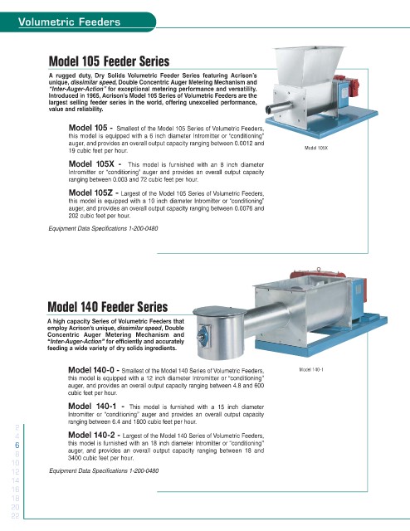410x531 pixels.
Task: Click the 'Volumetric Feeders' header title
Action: click(x=69, y=22)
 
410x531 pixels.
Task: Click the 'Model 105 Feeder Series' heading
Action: click(x=109, y=61)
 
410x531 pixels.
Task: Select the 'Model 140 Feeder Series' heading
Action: click(x=108, y=307)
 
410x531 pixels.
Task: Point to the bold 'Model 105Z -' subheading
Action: click(x=94, y=192)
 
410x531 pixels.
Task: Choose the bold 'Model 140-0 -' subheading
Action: click(x=94, y=370)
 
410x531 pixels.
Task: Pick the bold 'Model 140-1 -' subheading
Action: click(x=96, y=406)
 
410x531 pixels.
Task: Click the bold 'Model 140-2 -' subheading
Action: click(x=94, y=435)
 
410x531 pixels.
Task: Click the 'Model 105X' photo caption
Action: click(x=316, y=148)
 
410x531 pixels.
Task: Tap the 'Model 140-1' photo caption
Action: click(x=311, y=369)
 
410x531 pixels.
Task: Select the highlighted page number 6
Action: click(x=17, y=445)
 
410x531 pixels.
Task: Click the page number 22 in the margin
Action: click(x=15, y=516)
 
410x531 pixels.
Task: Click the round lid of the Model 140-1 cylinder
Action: click(x=219, y=311)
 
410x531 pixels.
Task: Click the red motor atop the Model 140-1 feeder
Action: click(x=317, y=273)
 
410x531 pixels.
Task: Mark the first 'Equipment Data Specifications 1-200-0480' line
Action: click(x=104, y=229)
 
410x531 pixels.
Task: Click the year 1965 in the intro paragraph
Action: click(x=93, y=96)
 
